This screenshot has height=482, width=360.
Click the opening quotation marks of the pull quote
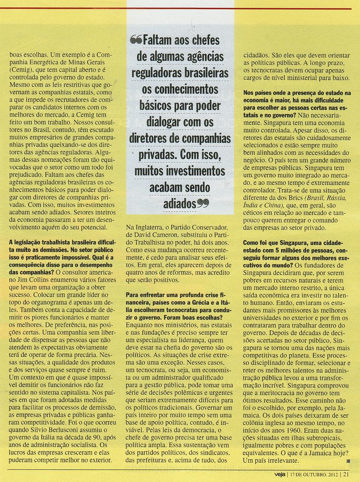pyautogui.click(x=136, y=40)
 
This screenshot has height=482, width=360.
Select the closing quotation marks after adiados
pyautogui.click(x=202, y=203)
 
